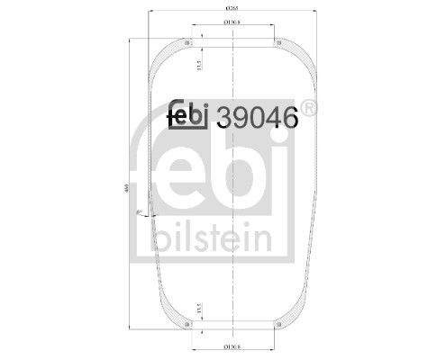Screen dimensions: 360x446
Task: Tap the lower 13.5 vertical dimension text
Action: click(199, 308)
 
